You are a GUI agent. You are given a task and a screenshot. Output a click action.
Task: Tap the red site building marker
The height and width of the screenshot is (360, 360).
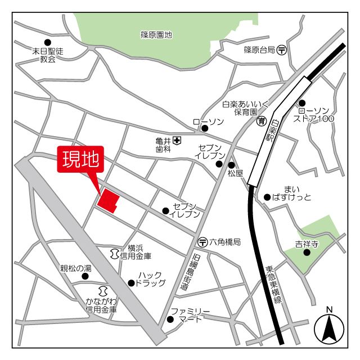point(108,201)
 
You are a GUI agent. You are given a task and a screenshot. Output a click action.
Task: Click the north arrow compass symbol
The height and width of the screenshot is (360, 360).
point(329,328)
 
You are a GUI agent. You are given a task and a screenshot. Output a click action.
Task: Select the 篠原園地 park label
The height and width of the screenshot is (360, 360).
point(156,35)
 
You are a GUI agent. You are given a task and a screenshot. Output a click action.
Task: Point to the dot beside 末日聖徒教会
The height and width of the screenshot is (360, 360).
point(47,42)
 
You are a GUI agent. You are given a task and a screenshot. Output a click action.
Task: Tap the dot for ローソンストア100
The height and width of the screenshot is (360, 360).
point(302,103)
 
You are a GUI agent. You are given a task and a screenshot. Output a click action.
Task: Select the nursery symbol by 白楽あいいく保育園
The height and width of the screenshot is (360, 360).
point(262,121)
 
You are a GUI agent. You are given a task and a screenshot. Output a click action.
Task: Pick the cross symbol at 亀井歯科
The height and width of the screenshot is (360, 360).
point(177,139)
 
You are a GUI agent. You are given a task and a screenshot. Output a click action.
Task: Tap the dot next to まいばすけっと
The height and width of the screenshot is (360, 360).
point(267,197)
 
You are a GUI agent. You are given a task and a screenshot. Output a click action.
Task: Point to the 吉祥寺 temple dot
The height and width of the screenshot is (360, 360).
point(307,252)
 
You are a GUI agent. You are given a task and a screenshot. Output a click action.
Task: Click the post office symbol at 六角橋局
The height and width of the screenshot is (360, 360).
point(202,242)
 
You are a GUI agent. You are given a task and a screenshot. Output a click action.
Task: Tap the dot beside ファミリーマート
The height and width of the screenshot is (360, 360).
point(170,319)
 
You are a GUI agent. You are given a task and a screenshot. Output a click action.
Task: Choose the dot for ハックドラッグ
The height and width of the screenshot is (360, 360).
point(130,283)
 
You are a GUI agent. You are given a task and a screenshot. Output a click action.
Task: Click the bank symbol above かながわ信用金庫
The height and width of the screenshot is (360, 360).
point(102,291)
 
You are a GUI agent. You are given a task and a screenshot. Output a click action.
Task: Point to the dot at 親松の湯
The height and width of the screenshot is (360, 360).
point(87,276)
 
